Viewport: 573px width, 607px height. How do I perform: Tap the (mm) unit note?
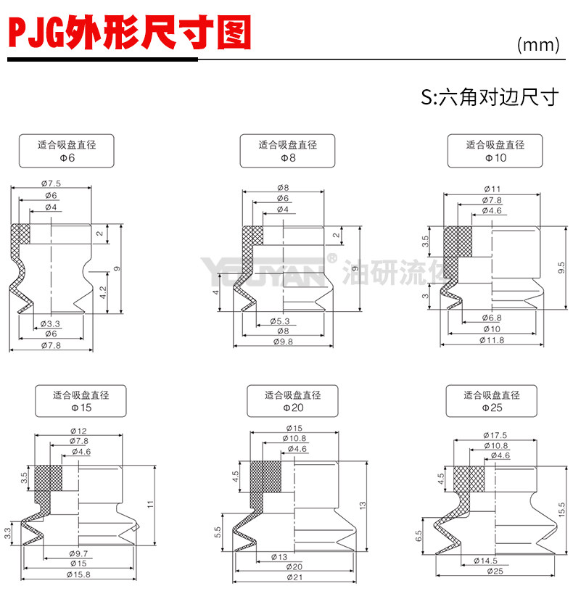538,45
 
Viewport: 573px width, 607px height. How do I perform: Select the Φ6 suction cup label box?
67,151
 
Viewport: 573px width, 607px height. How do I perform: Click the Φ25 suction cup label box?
492,401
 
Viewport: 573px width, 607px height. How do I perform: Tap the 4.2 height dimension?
103,292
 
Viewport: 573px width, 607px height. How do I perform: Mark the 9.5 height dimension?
561,267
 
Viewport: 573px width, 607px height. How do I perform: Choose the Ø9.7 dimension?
80,553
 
